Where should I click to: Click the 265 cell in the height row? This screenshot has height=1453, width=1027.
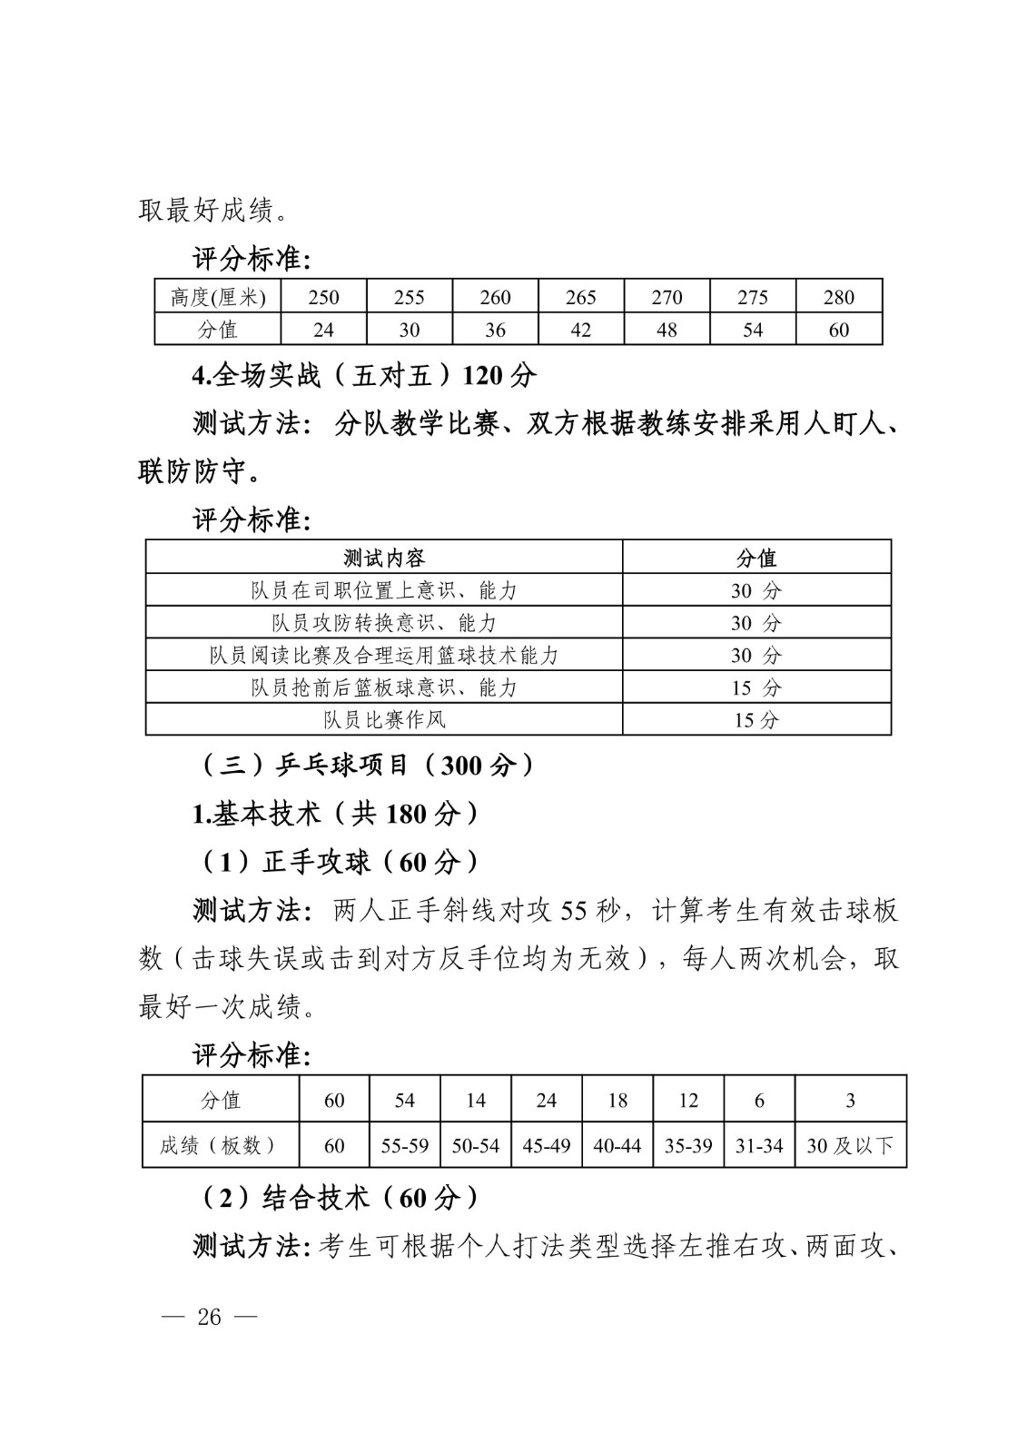(x=581, y=297)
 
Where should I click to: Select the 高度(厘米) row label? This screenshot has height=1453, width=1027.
(x=218, y=297)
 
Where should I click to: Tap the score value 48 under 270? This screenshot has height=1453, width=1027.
(x=667, y=330)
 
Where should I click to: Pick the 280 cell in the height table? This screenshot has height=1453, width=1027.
(x=839, y=297)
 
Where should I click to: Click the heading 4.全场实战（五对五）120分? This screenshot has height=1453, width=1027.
(x=364, y=375)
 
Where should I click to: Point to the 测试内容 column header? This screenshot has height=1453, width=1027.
(x=384, y=557)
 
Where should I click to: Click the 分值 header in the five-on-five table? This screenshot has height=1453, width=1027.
(x=755, y=557)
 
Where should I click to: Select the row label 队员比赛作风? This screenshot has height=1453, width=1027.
(x=384, y=719)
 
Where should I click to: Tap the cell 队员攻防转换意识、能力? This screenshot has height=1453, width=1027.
(x=384, y=622)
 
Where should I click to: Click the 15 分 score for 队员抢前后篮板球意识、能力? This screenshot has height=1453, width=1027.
(x=755, y=687)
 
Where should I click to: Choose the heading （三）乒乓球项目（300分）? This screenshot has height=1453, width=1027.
(x=366, y=766)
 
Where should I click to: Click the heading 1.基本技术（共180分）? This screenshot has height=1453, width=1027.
(x=335, y=814)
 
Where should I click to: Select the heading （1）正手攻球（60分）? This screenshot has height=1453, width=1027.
(x=335, y=862)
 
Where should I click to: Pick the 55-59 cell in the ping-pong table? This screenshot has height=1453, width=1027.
(x=405, y=1146)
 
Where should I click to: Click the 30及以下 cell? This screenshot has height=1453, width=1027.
(x=850, y=1146)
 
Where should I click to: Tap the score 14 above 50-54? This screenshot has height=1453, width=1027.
(x=476, y=1100)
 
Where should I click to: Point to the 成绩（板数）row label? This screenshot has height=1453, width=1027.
(x=219, y=1146)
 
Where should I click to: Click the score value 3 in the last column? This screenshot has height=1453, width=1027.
(x=850, y=1100)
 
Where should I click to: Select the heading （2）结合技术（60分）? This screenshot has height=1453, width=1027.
(x=335, y=1198)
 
